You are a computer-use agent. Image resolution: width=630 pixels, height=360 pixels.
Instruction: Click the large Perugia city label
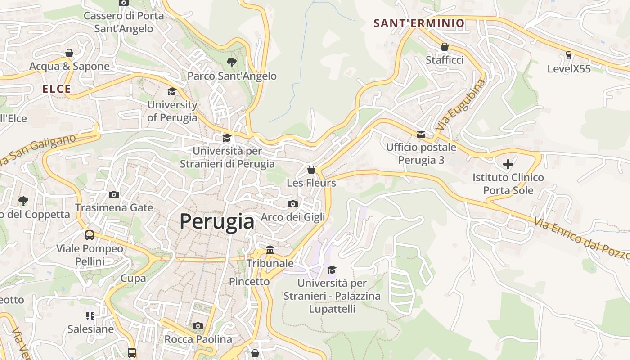point(217,221)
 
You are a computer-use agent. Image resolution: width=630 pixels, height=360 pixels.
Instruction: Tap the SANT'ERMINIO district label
point(419,23)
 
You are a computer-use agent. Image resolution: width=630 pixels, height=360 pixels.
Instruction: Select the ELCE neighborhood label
point(57,89)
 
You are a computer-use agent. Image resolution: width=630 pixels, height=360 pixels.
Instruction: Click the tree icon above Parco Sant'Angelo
point(232,62)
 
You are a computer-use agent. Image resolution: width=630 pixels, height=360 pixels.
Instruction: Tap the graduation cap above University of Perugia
point(172,92)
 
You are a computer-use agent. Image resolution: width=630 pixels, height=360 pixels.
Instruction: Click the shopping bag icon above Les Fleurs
point(311,170)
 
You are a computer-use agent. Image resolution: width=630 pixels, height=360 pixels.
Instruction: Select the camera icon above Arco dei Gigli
point(292,204)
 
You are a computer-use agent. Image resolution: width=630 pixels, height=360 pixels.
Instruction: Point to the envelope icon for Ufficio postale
point(421,134)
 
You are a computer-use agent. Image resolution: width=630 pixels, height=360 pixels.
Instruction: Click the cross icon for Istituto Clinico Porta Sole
point(508,164)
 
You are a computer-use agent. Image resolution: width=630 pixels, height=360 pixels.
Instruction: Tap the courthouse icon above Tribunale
point(270,250)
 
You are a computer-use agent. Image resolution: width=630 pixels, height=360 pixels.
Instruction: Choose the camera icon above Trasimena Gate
point(114,194)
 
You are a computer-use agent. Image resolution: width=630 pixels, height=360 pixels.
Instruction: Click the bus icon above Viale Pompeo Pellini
point(90,235)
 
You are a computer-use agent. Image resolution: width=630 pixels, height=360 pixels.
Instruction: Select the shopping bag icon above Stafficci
point(444,47)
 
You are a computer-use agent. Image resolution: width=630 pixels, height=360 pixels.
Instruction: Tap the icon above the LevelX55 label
point(569,55)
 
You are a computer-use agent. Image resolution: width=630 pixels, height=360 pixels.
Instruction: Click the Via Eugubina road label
point(461,105)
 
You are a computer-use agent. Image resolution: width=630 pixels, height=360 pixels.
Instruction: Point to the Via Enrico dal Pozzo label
point(580,238)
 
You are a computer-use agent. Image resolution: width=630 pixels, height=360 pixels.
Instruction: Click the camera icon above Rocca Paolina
point(198,326)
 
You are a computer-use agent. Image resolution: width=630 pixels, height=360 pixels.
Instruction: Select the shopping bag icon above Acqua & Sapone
point(69,53)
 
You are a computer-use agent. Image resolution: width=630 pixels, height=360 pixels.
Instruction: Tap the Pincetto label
point(249,282)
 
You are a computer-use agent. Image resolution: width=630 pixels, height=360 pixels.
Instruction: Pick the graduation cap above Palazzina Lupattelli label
point(332,270)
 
